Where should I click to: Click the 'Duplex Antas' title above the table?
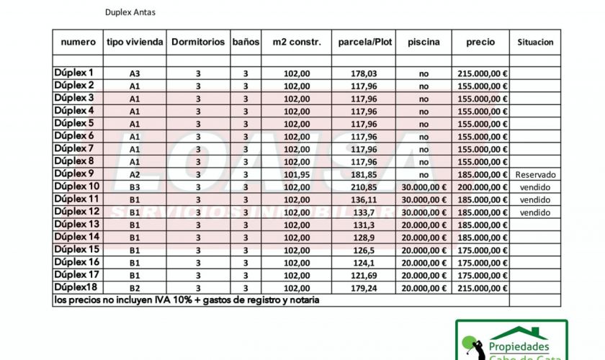tap(130, 12)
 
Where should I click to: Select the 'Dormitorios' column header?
tap(197, 42)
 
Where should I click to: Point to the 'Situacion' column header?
tap(535, 42)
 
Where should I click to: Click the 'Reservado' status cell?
tap(535, 174)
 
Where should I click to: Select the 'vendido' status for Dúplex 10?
tap(535, 187)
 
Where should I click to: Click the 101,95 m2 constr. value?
tap(297, 174)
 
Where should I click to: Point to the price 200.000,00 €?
tap(482, 187)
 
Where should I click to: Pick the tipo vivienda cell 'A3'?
tap(135, 73)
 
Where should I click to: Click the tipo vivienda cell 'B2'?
tap(135, 288)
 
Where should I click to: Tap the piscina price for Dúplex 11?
tap(423, 199)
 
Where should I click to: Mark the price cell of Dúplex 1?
tap(482, 73)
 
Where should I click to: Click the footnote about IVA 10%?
tap(186, 300)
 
